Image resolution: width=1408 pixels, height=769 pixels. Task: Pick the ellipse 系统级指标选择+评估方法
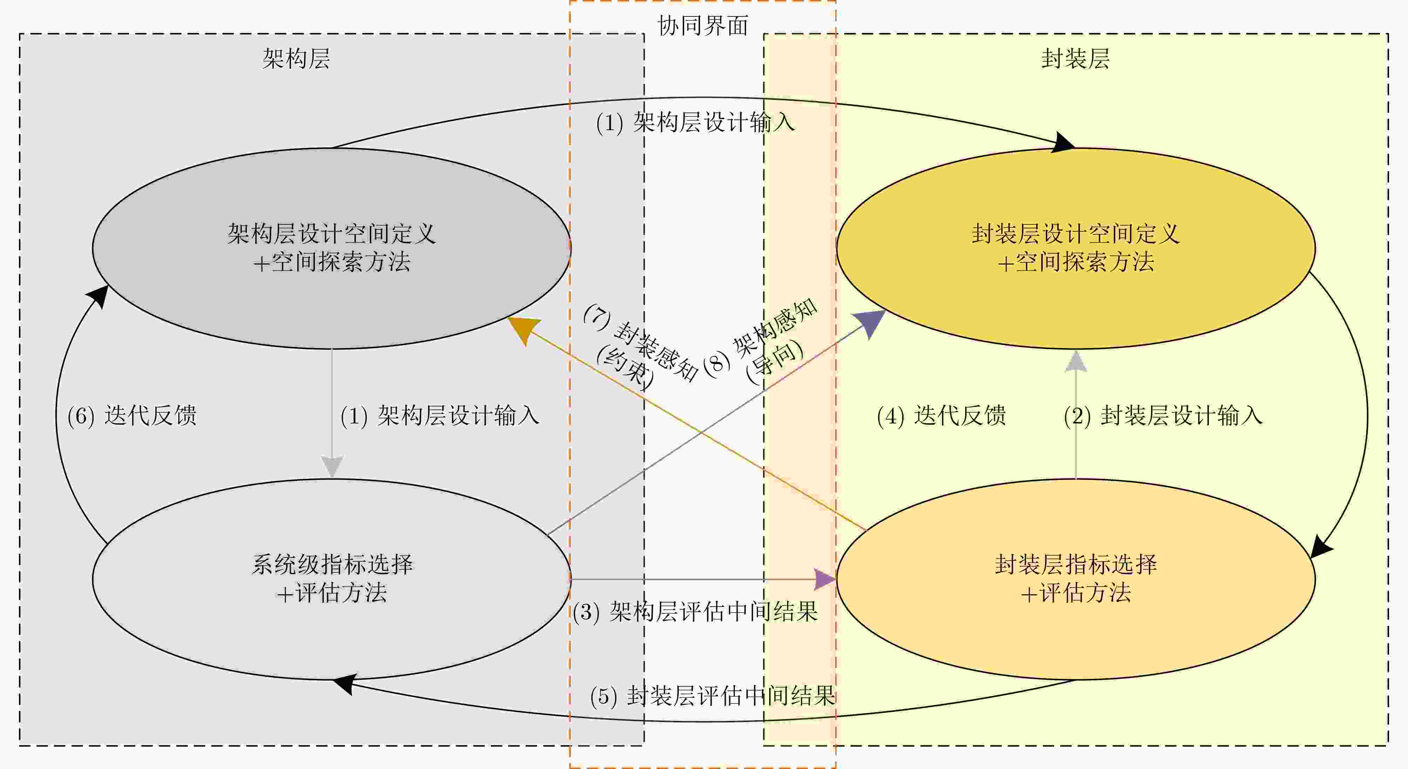coord(331,579)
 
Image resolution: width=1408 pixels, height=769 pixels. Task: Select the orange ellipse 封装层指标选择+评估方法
coord(1075,579)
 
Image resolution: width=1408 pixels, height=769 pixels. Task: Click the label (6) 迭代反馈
coord(132,416)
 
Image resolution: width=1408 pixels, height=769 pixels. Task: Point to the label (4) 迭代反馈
coord(941,416)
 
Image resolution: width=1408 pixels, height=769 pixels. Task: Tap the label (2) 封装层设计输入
coord(1163,416)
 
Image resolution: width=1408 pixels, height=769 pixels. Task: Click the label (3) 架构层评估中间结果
coord(695,611)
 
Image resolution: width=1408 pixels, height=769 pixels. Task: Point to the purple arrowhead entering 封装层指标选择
coord(825,579)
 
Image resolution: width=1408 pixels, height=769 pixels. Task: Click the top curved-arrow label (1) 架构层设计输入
coord(695,122)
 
